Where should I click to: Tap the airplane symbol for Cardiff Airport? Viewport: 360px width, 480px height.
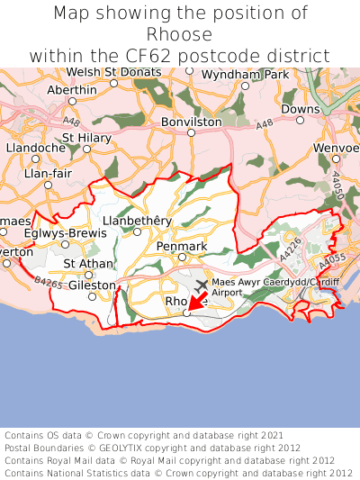coord(201,285)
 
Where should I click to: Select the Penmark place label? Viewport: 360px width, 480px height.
coord(182,246)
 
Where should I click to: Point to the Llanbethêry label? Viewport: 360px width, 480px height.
coord(137,220)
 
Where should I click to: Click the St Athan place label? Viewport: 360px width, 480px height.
coord(88,263)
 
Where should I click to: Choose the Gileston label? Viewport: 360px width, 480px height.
coord(93,285)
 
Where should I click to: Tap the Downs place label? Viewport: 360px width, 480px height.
coord(300,108)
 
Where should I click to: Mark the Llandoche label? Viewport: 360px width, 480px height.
coord(36,147)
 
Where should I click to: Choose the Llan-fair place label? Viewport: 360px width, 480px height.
coord(45,172)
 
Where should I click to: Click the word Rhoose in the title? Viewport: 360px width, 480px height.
coord(180,34)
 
